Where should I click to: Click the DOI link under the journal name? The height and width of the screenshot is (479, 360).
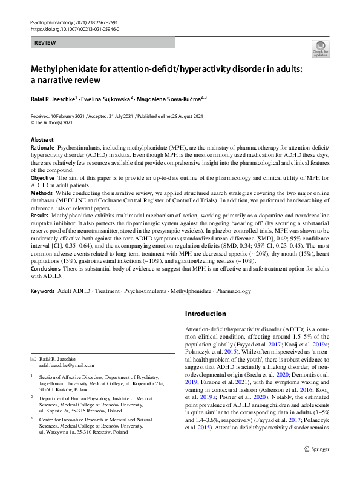click(74, 28)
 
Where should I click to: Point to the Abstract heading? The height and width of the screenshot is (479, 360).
click(42, 140)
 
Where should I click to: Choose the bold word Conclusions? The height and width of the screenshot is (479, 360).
click(45, 268)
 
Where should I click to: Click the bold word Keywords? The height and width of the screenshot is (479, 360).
click(42, 291)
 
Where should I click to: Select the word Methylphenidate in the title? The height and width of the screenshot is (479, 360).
click(64, 68)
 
